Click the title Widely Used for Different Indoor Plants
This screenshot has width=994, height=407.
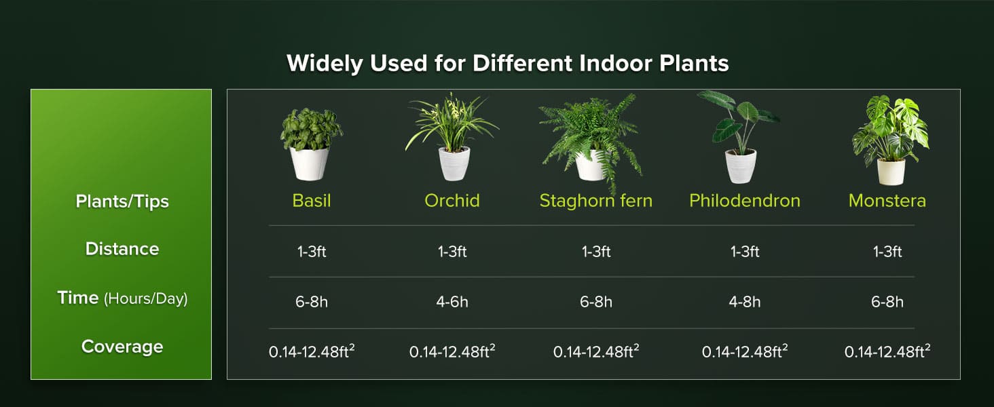click(507, 63)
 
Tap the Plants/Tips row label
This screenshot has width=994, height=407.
click(122, 201)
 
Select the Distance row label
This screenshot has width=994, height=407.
click(122, 249)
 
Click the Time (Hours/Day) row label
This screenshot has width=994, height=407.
click(122, 298)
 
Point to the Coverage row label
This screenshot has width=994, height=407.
click(122, 347)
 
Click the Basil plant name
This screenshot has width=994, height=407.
click(312, 201)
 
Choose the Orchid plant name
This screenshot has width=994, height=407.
click(452, 201)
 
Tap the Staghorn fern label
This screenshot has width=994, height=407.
click(595, 201)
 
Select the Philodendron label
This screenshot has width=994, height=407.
click(745, 201)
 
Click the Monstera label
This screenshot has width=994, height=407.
click(887, 201)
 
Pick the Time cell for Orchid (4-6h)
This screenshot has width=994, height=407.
click(452, 302)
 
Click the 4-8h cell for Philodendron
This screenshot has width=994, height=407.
click(745, 302)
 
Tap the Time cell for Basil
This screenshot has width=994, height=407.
click(312, 302)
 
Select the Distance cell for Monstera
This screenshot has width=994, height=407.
click(887, 252)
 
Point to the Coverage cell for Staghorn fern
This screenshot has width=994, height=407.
click(595, 352)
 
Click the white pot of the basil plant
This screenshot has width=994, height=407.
click(310, 164)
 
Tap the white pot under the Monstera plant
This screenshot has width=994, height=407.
click(890, 171)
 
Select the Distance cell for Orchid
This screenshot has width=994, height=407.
click(452, 252)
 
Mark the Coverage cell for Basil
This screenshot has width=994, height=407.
click(312, 352)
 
